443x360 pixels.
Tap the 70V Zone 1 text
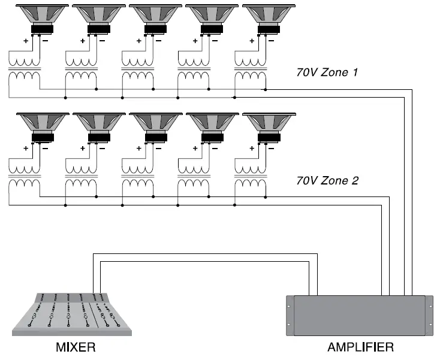327,72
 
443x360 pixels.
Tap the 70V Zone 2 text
327,180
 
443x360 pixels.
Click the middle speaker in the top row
155,18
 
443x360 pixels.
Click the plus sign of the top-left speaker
26,41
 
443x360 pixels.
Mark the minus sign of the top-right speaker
271,41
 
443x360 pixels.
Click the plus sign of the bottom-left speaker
26,147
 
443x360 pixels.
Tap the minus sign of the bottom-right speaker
271,147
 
